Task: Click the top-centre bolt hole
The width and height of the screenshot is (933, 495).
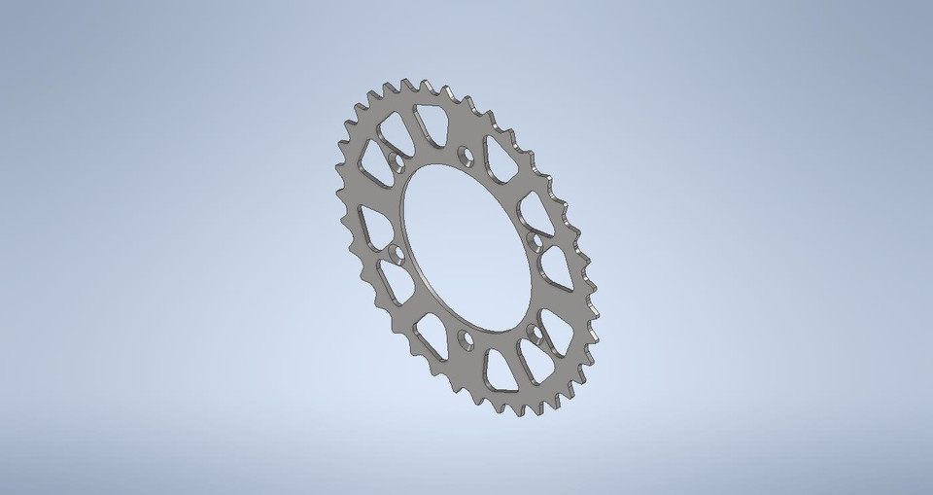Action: pyautogui.click(x=464, y=154)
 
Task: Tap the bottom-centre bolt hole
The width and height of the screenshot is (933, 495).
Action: pyautogui.click(x=466, y=337)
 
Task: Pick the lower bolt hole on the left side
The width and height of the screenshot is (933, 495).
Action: pyautogui.click(x=396, y=255)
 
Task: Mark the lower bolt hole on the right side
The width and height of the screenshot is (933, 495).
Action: pyautogui.click(x=532, y=335)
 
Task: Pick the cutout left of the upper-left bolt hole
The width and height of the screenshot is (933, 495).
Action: pyautogui.click(x=375, y=159)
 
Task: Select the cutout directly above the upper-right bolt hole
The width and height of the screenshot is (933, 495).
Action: pyautogui.click(x=534, y=208)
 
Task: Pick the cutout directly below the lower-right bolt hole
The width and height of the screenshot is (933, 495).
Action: pyautogui.click(x=533, y=365)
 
